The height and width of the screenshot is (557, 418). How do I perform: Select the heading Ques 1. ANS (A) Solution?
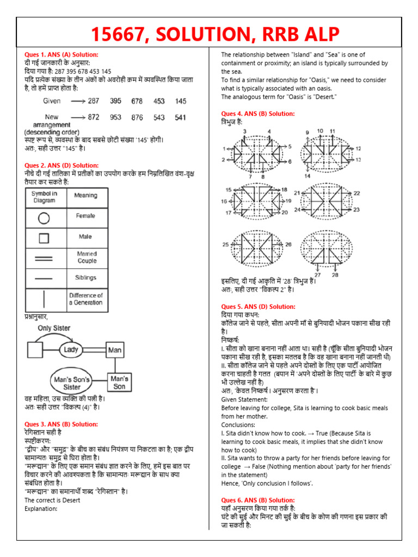[62, 55]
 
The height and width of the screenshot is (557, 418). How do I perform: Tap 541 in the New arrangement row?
[180, 117]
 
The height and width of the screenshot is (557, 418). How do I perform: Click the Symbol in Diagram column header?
[44, 197]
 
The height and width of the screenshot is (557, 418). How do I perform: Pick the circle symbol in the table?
[44, 218]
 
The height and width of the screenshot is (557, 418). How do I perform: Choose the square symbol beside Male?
[44, 237]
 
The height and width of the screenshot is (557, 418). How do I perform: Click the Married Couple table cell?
[87, 257]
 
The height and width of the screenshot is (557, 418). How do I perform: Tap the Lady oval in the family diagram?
[71, 350]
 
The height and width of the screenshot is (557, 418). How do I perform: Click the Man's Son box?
[119, 382]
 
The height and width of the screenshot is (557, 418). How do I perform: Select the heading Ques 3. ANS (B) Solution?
[62, 424]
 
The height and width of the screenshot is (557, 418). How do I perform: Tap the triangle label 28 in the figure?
[335, 275]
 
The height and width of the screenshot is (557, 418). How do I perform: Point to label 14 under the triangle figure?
[307, 176]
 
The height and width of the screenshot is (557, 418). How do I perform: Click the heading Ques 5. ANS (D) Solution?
[258, 307]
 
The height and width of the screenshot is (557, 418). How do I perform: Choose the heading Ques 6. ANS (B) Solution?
[258, 500]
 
